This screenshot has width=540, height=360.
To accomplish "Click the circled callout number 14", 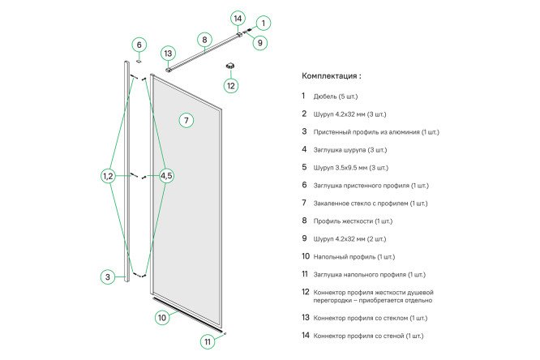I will (238, 18).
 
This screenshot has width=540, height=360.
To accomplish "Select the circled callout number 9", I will (259, 42).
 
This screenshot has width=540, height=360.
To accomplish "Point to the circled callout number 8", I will (204, 39).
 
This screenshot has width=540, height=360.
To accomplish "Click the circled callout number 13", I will (168, 54).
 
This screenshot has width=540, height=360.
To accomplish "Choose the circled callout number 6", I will (139, 45).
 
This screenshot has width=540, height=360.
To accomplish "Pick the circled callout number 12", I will (231, 85).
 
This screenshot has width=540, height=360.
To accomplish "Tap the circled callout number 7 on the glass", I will (186, 120).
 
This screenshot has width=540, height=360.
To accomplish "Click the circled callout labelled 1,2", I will (108, 176).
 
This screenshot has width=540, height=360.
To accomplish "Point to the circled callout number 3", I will (107, 276).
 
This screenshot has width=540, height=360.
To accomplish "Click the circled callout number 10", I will (162, 317).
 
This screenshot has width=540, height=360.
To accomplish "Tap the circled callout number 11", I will (208, 341).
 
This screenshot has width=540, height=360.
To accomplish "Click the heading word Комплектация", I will (328, 76).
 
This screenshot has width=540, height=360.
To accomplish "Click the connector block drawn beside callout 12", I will (230, 66).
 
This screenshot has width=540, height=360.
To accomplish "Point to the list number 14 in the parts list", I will (305, 335).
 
